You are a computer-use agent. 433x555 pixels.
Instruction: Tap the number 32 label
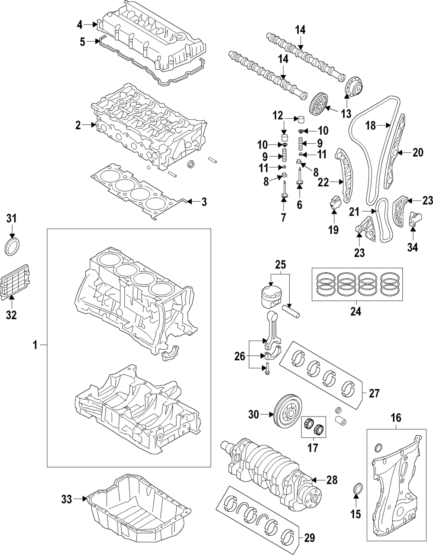pyautogui.click(x=12, y=315)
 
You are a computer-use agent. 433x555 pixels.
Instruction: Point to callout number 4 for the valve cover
pyautogui.click(x=80, y=25)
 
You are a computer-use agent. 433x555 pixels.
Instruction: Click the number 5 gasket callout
pyautogui.click(x=82, y=42)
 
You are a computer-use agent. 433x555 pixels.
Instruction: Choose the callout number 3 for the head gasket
pyautogui.click(x=204, y=201)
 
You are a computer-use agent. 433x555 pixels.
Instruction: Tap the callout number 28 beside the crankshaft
pyautogui.click(x=332, y=480)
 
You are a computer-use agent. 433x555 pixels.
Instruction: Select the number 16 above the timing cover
pyautogui.click(x=396, y=418)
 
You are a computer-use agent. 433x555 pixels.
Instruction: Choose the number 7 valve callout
pyautogui.click(x=283, y=218)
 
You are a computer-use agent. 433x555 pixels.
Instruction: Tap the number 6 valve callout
pyautogui.click(x=299, y=205)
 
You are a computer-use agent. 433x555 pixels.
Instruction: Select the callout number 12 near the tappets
pyautogui.click(x=277, y=116)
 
